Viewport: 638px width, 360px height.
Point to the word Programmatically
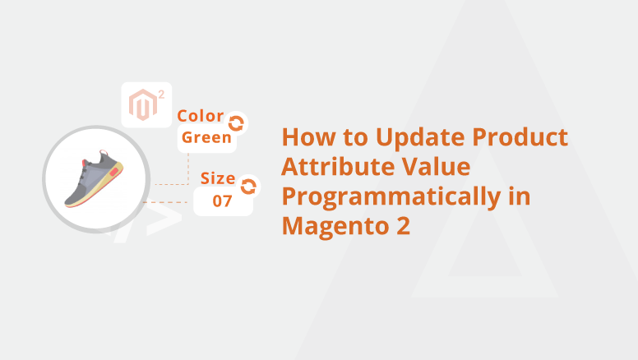391,198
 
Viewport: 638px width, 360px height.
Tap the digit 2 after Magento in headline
403,226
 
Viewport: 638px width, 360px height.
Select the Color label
200,116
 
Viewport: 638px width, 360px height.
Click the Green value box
206,138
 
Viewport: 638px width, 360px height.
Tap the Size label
218,178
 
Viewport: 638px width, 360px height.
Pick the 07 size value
223,201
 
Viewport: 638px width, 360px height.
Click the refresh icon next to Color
236,123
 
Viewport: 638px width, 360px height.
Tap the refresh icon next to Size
248,187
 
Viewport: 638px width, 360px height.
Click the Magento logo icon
143,105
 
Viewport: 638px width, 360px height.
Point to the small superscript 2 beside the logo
161,95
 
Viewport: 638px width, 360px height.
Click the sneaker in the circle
94,179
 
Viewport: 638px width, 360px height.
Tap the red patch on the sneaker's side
114,172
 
